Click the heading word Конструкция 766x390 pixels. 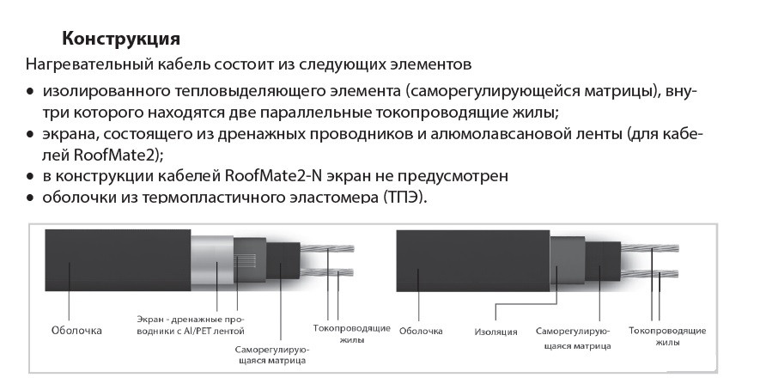click(121, 40)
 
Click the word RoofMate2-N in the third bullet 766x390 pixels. click(274, 175)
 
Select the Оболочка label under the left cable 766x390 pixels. click(76, 331)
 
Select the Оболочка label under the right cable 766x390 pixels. click(421, 332)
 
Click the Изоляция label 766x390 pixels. click(495, 332)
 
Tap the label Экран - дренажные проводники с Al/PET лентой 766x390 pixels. click(191, 326)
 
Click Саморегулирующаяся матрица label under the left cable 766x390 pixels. click(271, 356)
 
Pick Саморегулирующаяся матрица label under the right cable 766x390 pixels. click(573, 338)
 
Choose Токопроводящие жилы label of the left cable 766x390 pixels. click(352, 333)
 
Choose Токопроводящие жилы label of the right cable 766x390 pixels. click(667, 336)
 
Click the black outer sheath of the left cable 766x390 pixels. click(118, 260)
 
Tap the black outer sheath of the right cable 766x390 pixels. click(473, 261)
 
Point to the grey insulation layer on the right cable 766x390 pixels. click(567, 261)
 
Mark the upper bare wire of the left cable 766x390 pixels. click(326, 248)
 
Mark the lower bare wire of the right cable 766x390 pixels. click(650, 274)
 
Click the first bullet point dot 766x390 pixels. click(31, 91)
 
